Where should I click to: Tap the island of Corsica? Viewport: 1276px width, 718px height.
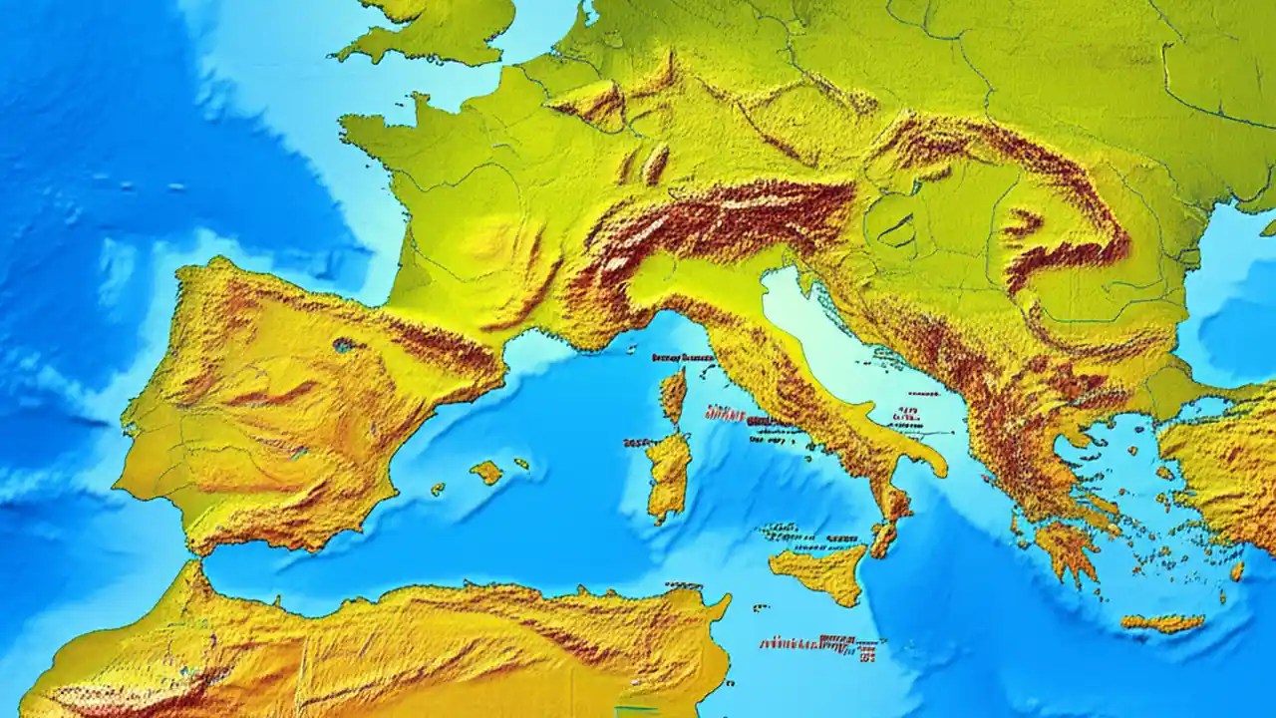click(x=674, y=394)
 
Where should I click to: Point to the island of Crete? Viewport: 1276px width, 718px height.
click(x=1161, y=623)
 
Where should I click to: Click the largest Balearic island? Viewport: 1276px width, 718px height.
click(x=486, y=472)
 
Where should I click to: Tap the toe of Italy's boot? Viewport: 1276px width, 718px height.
click(x=883, y=538)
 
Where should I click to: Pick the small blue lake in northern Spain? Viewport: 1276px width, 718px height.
click(x=347, y=345)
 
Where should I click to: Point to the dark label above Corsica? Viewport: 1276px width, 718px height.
click(x=683, y=357)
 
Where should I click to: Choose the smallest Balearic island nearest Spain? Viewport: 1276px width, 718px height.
click(x=438, y=489)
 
